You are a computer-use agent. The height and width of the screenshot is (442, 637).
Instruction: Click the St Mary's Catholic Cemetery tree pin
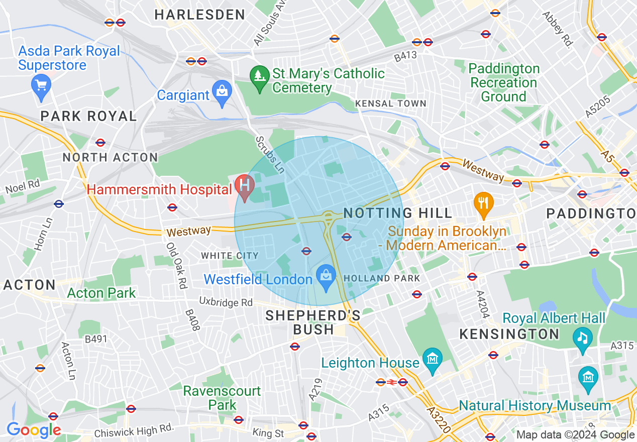pos(260,77)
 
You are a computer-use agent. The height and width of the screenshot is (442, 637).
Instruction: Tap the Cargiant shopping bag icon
pos(222,92)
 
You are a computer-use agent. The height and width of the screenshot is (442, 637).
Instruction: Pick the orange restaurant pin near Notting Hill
pos(483,204)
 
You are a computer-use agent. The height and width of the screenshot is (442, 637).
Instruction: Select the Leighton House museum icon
pos(432,359)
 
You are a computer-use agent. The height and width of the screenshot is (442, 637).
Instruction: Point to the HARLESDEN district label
pos(199,15)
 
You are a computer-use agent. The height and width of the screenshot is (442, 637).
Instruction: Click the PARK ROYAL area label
pos(88,117)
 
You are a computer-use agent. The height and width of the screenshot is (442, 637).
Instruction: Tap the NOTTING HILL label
pos(398,213)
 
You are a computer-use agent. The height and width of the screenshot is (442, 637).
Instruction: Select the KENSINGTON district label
pos(509,334)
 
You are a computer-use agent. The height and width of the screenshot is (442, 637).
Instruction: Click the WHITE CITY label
pos(230,256)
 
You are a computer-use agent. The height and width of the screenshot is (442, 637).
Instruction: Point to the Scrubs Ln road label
pos(270,155)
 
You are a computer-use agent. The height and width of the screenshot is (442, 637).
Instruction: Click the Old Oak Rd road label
pos(177,266)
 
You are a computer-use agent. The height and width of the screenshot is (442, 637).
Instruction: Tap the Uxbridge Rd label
pos(226,302)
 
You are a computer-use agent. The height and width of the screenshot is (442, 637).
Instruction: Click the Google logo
pos(34,430)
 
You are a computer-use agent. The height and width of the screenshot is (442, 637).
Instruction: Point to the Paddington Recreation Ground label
pos(504,82)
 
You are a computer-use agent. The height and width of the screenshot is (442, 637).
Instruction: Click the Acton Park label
pos(101,293)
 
